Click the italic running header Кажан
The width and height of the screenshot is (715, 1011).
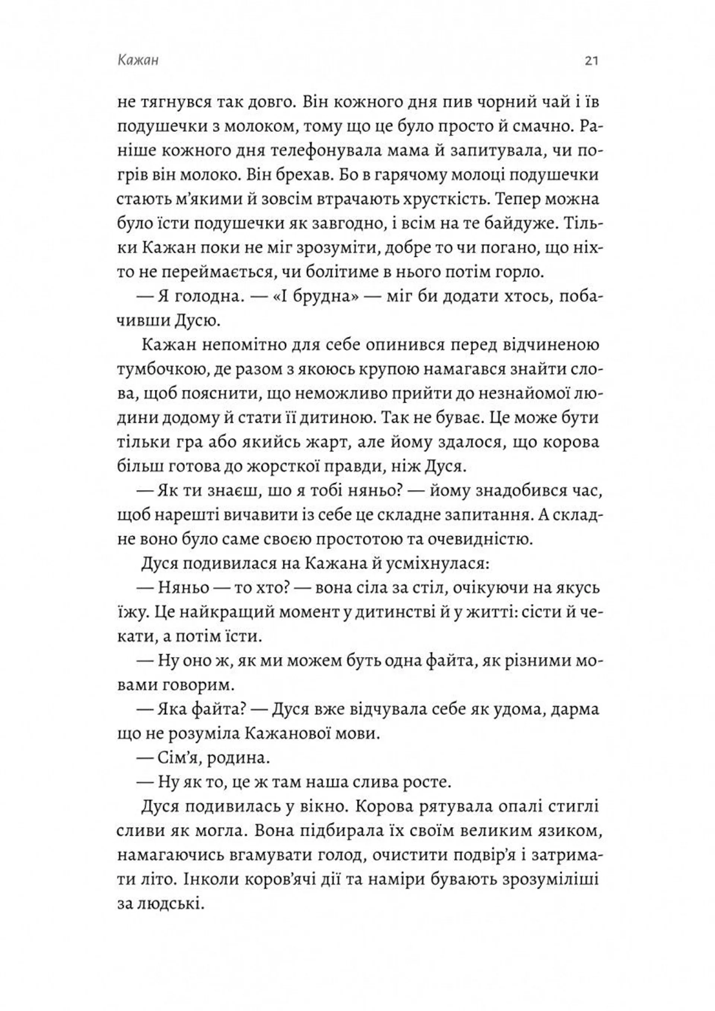pyautogui.click(x=138, y=61)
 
